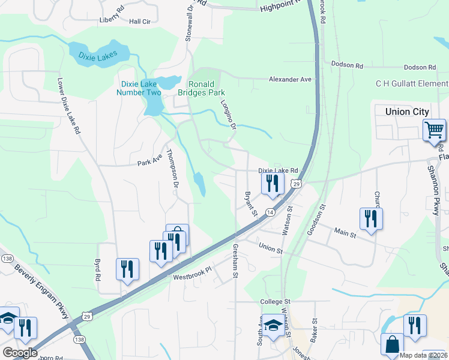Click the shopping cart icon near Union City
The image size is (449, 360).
pyautogui.click(x=434, y=130)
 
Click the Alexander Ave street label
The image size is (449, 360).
pyautogui.click(x=291, y=79)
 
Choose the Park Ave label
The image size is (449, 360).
pyautogui.click(x=149, y=163)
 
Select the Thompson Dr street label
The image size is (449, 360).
pyautogui.click(x=172, y=171)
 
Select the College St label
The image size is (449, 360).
pyautogui.click(x=275, y=301)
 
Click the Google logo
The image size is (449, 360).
pyautogui.click(x=19, y=352)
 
